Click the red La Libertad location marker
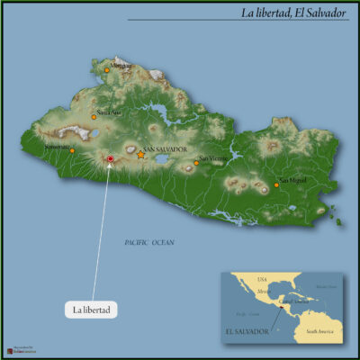110,158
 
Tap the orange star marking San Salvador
141,155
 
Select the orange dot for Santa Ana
94,116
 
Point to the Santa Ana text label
109,112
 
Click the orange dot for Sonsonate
73,150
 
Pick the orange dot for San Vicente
196,163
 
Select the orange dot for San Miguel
276,185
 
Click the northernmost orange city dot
107,69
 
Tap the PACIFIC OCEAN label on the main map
149,243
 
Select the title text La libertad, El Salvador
293,13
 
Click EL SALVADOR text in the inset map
253,331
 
